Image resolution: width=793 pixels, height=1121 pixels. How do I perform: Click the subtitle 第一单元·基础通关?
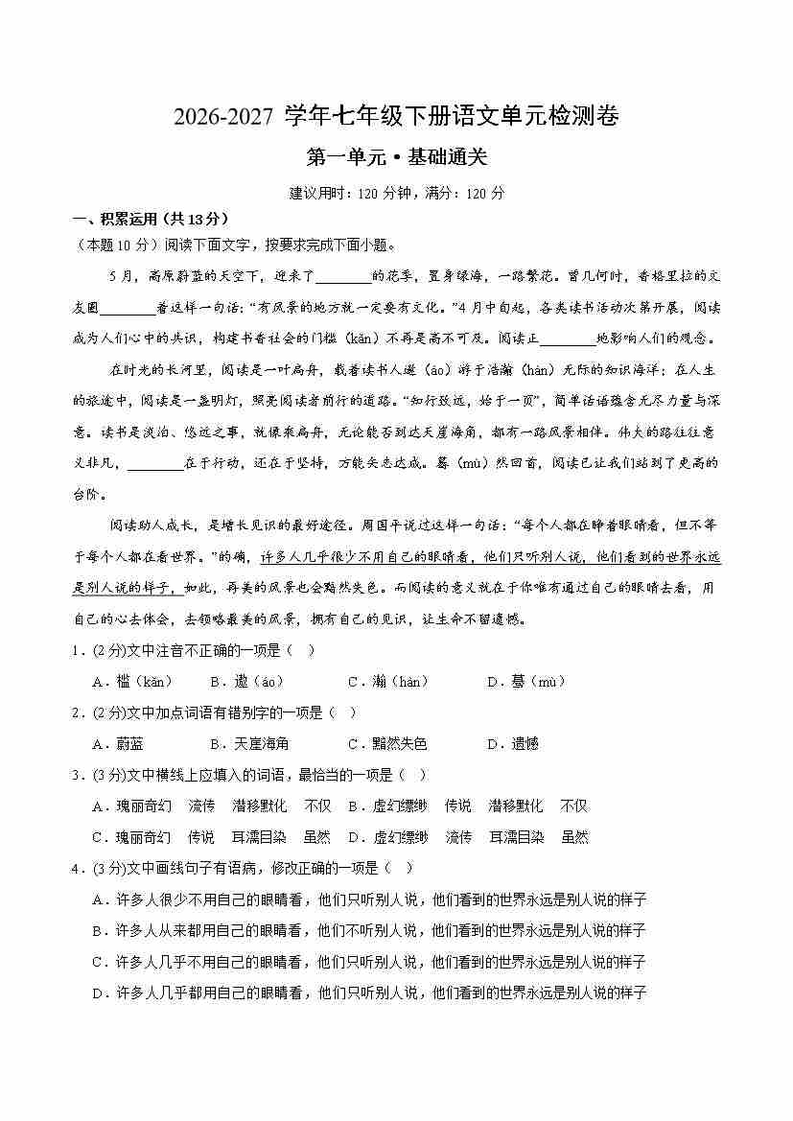click(x=396, y=156)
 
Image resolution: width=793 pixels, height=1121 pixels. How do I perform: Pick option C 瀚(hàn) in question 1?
click(x=387, y=682)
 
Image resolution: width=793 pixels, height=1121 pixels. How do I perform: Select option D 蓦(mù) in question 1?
click(x=526, y=682)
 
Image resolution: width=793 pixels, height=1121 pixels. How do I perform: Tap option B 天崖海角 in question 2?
click(x=249, y=744)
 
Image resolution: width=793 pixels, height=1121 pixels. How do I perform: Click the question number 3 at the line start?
click(x=76, y=775)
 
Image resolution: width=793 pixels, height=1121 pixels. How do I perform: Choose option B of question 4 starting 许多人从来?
click(x=369, y=930)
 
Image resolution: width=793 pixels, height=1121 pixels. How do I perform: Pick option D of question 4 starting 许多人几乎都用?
click(x=369, y=993)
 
